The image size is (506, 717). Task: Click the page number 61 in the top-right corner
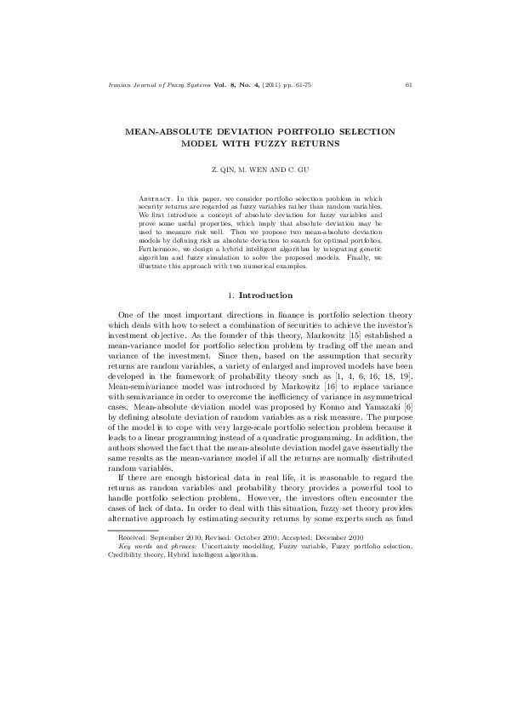(409, 84)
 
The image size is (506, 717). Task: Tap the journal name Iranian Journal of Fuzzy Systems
(148, 84)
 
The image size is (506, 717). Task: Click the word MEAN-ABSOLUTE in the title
(167, 134)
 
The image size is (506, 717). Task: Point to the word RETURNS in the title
(314, 145)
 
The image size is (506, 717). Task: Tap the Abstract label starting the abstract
(157, 198)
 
